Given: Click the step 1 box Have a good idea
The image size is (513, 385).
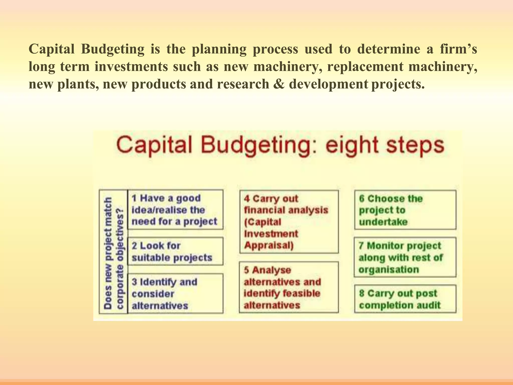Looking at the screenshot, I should pos(175,210).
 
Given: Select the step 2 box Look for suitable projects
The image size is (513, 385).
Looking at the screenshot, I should pos(175,251).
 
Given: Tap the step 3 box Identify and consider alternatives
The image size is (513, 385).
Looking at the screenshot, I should pos(175,294).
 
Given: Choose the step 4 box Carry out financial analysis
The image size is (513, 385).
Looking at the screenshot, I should pos(289,222).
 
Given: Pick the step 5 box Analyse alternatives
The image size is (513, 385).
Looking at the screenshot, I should pos(289,287).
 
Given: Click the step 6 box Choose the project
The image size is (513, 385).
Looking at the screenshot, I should pos(405,210).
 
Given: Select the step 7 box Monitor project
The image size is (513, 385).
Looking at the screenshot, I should pos(405,257).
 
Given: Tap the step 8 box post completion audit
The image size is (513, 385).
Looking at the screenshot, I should pos(405,299).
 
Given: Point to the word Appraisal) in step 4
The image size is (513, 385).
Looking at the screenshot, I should pos(269,245).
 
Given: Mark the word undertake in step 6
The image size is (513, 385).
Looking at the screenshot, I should pos(383,222).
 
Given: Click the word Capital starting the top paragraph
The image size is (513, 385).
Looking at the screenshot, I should pos(52,49).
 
